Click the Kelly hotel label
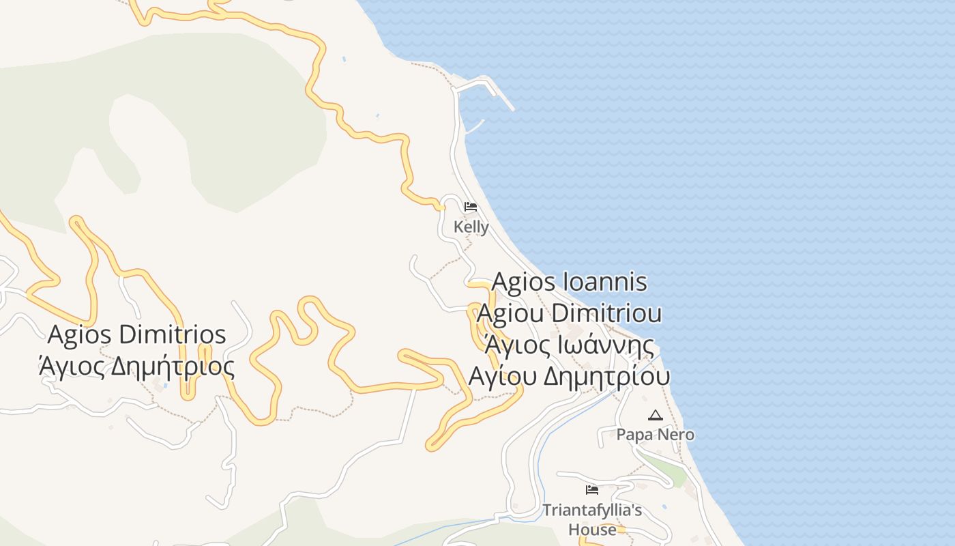pyautogui.click(x=471, y=227)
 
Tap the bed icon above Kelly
pyautogui.click(x=471, y=206)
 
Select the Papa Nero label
pyautogui.click(x=655, y=434)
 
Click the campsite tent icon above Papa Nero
pyautogui.click(x=655, y=415)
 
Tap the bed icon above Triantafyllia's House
pyautogui.click(x=591, y=489)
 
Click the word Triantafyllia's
pyautogui.click(x=591, y=511)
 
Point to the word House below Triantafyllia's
pyautogui.click(x=592, y=530)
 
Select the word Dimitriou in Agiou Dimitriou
pyautogui.click(x=606, y=313)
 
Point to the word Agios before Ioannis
pyautogui.click(x=523, y=281)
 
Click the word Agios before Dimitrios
pyautogui.click(x=80, y=334)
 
